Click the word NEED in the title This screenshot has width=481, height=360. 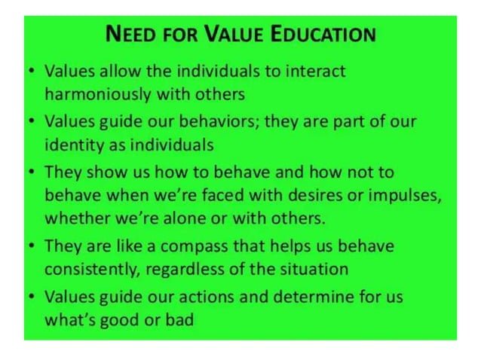131,35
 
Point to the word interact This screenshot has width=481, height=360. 311,72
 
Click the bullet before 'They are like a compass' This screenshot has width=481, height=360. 29,247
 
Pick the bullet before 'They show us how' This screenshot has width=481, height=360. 29,172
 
